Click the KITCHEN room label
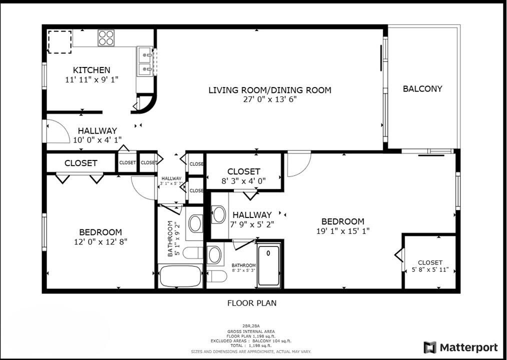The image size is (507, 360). [91, 70]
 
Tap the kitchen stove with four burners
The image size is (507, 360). [106, 37]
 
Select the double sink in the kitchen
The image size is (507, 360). [144, 61]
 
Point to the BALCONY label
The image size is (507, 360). [422, 89]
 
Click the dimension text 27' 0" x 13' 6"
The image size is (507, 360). [269, 99]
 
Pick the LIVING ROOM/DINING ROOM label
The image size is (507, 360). [269, 90]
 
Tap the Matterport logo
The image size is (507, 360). [460, 347]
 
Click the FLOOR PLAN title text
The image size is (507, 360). [251, 303]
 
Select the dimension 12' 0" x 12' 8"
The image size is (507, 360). [100, 242]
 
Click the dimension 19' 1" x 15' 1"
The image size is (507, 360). [342, 231]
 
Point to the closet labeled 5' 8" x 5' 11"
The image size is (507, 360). [430, 266]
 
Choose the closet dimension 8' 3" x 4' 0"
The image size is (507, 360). [243, 181]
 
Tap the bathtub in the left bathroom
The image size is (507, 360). [180, 276]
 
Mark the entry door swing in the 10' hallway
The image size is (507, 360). [56, 131]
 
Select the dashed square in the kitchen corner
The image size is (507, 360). [59, 41]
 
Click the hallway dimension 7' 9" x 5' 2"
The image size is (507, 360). [251, 224]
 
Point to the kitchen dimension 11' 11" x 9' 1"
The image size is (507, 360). [91, 79]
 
